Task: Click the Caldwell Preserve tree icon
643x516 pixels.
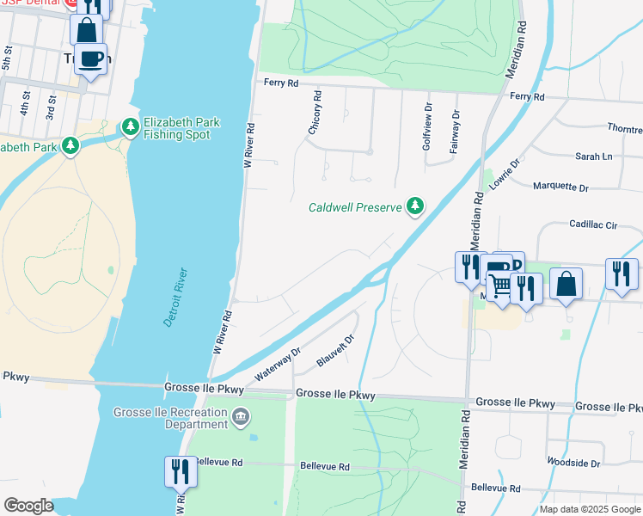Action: coord(415,206)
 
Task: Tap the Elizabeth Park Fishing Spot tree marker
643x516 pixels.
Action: coord(131,128)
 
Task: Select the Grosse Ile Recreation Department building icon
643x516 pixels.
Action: coord(240,417)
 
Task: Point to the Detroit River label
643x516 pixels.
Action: coord(176,298)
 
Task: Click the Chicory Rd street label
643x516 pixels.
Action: coord(315,112)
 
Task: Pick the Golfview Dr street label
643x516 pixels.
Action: coord(426,130)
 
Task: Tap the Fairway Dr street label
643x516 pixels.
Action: coord(455,131)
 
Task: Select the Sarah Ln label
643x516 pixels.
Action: coord(593,157)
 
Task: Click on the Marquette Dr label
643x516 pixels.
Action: coord(560,187)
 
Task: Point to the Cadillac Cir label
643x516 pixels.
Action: coord(593,224)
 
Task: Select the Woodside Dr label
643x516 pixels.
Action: coord(573,463)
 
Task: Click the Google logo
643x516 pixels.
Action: coord(29,506)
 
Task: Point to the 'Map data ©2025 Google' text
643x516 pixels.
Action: coord(589,509)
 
